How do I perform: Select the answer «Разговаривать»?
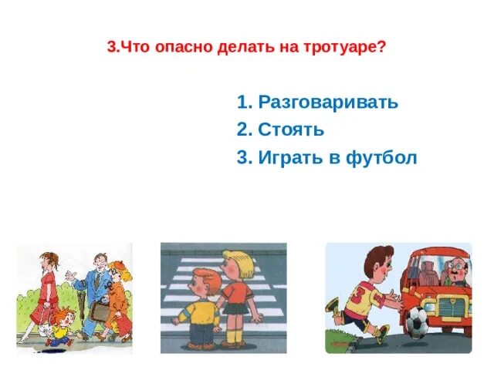(x=328, y=103)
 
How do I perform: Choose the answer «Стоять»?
(x=291, y=130)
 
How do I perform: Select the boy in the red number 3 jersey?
(x=359, y=297)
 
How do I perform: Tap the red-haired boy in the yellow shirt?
(x=198, y=308)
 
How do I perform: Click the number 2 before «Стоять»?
(x=242, y=130)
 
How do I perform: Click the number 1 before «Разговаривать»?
(x=242, y=103)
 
